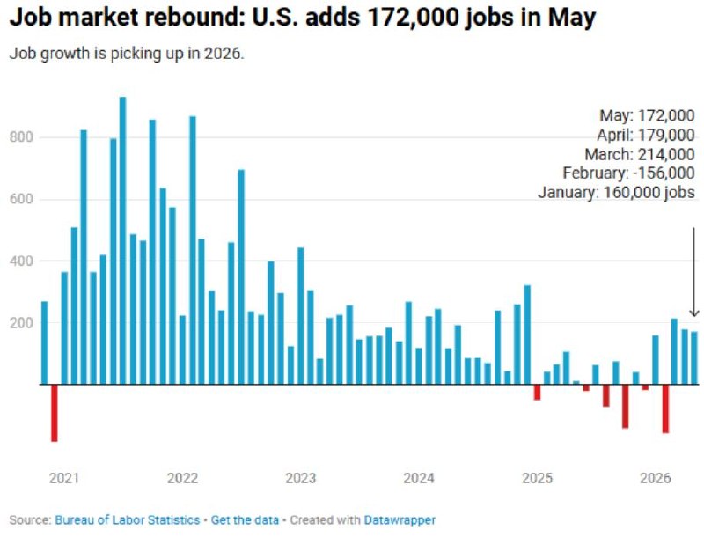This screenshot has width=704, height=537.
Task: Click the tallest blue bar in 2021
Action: [x=122, y=240]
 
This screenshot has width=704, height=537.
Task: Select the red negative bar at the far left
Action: [x=55, y=413]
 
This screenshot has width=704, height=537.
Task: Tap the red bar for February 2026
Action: [x=665, y=408]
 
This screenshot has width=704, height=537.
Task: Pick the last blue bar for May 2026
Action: [x=694, y=357]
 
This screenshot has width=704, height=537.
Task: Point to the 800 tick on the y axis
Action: [x=21, y=137]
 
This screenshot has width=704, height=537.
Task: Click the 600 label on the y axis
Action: [x=21, y=199]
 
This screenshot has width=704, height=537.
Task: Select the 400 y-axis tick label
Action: [x=21, y=261]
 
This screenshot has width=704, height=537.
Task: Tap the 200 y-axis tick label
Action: [x=21, y=323]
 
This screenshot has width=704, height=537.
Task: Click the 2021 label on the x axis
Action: [x=64, y=478]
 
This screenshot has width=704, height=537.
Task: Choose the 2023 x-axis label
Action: [x=301, y=478]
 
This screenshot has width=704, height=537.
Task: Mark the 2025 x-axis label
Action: [x=538, y=478]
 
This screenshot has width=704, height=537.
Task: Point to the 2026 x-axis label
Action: [x=656, y=478]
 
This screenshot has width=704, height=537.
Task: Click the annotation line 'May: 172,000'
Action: [x=648, y=116]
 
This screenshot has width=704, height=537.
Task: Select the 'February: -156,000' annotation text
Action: [x=628, y=173]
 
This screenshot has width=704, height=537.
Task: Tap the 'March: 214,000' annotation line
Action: [x=640, y=154]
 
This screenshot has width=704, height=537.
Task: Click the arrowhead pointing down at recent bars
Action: [x=694, y=313]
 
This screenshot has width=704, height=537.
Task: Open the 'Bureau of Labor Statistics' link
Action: [x=128, y=520]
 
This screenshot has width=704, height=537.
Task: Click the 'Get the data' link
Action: [x=245, y=520]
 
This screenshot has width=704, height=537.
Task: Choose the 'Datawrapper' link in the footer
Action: [x=400, y=520]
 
